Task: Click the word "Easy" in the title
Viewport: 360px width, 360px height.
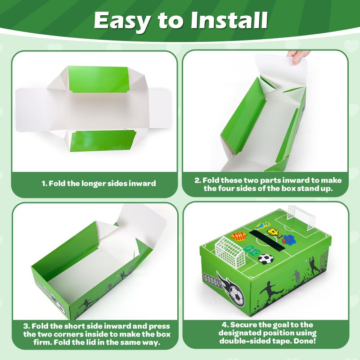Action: [122, 21]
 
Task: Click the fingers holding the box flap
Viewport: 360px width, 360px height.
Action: [297, 56]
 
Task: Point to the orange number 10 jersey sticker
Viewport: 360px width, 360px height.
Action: [239, 237]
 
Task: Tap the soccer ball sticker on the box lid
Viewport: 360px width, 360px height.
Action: [265, 259]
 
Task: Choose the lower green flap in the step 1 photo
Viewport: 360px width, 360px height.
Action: [103, 141]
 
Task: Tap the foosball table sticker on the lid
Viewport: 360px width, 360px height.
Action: [251, 251]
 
